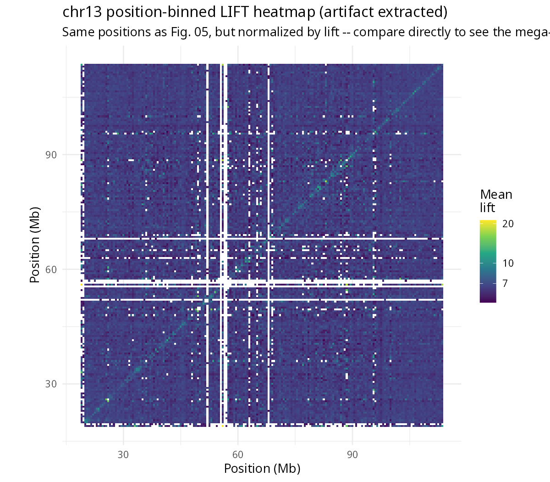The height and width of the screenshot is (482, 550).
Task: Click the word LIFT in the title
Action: click(234, 12)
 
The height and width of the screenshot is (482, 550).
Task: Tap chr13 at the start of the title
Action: click(82, 12)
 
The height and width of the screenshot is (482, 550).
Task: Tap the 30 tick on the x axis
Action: click(123, 454)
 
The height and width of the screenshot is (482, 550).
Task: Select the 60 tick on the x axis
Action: click(237, 454)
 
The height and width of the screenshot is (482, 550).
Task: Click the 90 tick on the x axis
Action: click(352, 454)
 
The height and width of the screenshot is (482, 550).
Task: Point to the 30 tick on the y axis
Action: click(51, 384)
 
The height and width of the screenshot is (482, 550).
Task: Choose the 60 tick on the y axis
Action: click(51, 269)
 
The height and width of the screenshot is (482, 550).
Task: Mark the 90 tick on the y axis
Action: click(51, 155)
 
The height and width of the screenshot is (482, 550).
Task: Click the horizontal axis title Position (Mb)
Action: click(262, 469)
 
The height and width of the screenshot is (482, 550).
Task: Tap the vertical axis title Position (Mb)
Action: click(35, 245)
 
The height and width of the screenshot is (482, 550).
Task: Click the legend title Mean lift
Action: click(496, 201)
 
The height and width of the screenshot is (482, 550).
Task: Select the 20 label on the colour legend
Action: click(508, 224)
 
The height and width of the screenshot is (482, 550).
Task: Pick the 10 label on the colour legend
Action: click(508, 263)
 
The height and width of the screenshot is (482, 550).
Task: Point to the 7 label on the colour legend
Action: click(505, 283)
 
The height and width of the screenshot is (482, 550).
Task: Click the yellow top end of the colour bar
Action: click(488, 221)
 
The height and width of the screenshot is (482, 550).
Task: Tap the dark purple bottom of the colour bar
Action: click(488, 301)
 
